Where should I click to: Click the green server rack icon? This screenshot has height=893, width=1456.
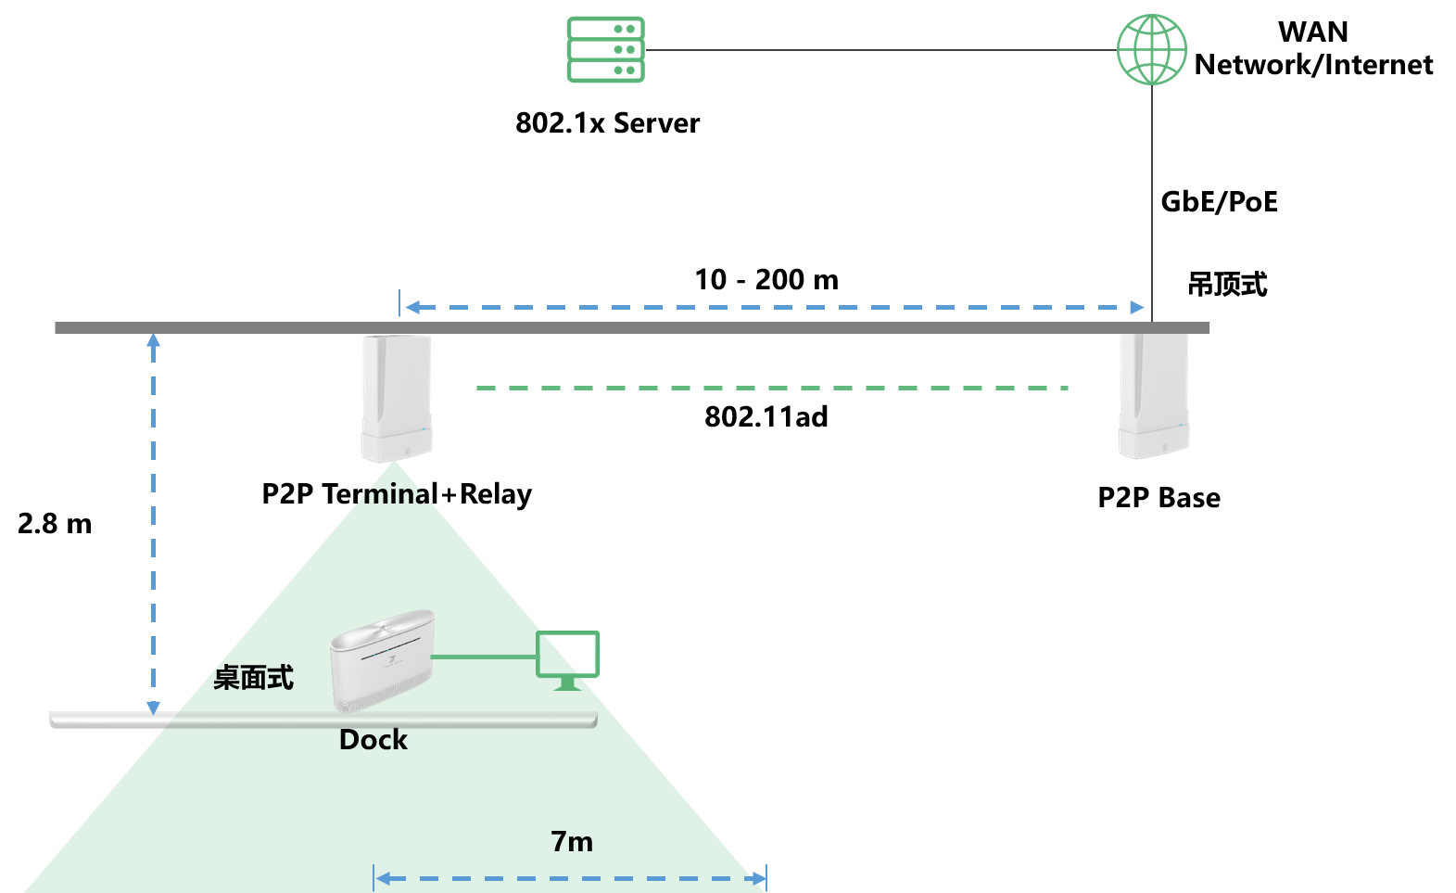click(x=605, y=50)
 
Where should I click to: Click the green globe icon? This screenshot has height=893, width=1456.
click(x=1151, y=49)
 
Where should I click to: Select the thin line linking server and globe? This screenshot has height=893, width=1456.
click(x=880, y=50)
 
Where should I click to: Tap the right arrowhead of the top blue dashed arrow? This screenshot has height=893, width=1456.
click(x=1137, y=307)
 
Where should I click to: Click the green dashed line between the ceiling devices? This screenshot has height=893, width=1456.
click(x=772, y=388)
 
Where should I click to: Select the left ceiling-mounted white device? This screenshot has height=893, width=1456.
click(x=397, y=398)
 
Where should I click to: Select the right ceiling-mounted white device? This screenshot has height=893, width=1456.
click(x=1154, y=396)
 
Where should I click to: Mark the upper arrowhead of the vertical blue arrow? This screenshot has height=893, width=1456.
click(x=154, y=340)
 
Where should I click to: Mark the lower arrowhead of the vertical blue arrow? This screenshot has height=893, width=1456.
click(x=154, y=708)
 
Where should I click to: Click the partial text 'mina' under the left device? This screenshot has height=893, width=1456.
click(x=397, y=494)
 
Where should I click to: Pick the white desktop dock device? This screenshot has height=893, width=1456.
click(x=382, y=659)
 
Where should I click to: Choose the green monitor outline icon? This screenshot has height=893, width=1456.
click(x=568, y=657)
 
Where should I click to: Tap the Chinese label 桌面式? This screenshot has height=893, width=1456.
click(x=253, y=678)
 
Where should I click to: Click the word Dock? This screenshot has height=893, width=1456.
click(x=373, y=740)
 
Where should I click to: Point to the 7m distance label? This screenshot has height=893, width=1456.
click(x=572, y=842)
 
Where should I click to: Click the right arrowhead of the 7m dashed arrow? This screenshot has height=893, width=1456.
click(x=759, y=878)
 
